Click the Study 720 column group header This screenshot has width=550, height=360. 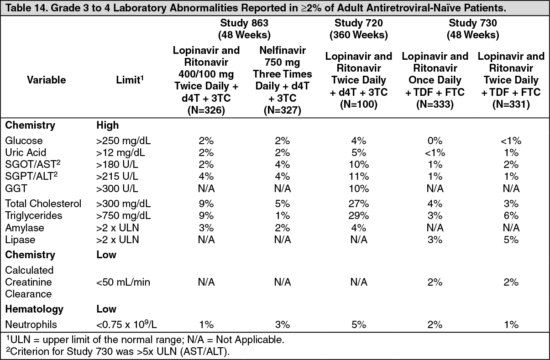click(358, 29)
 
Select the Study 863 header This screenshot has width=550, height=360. click(244, 29)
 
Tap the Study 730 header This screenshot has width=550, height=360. click(473, 29)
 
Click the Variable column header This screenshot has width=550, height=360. click(47, 80)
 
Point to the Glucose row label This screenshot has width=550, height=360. click(24, 141)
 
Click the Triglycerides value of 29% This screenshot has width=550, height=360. click(358, 216)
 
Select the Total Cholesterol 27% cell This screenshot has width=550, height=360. click(358, 203)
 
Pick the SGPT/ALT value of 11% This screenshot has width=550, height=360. click(359, 177)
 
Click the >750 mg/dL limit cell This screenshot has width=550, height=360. click(124, 216)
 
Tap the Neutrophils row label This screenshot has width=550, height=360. click(31, 324)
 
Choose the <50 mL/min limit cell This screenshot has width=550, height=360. click(123, 282)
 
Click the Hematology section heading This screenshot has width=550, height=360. click(34, 309)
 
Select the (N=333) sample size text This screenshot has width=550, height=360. click(435, 104)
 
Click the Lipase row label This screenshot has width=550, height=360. click(20, 240)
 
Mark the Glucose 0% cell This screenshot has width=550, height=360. click(435, 141)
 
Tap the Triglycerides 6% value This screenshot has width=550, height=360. click(511, 216)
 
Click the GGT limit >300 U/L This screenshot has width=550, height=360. click(117, 188)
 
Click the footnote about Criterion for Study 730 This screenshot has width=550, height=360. click(118, 351)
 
